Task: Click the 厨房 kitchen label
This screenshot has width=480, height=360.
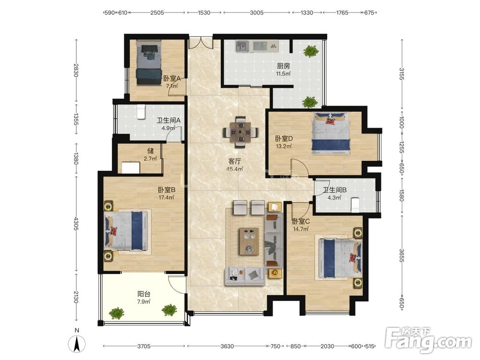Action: (283, 65)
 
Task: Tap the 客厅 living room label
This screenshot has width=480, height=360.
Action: (235, 161)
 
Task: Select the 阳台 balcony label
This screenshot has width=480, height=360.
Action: (144, 294)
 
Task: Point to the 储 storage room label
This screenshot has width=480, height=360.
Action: (150, 151)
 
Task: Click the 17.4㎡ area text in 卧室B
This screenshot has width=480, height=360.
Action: (166, 197)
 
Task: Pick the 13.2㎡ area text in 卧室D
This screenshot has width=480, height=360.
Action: (284, 146)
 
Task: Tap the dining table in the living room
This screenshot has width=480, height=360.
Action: (240, 132)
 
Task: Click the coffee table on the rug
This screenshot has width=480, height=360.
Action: (249, 241)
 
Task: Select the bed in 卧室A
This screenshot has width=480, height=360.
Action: (149, 64)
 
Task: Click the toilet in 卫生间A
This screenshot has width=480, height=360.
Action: (141, 112)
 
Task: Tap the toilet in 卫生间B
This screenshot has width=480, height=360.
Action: (355, 204)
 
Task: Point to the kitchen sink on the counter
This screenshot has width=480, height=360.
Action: (243, 46)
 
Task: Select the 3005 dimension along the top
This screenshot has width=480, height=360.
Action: (256, 12)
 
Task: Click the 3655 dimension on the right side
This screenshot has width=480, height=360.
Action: (401, 255)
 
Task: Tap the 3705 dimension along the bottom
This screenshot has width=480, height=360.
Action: (144, 346)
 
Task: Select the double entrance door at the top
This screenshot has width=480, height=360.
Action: (200, 43)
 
